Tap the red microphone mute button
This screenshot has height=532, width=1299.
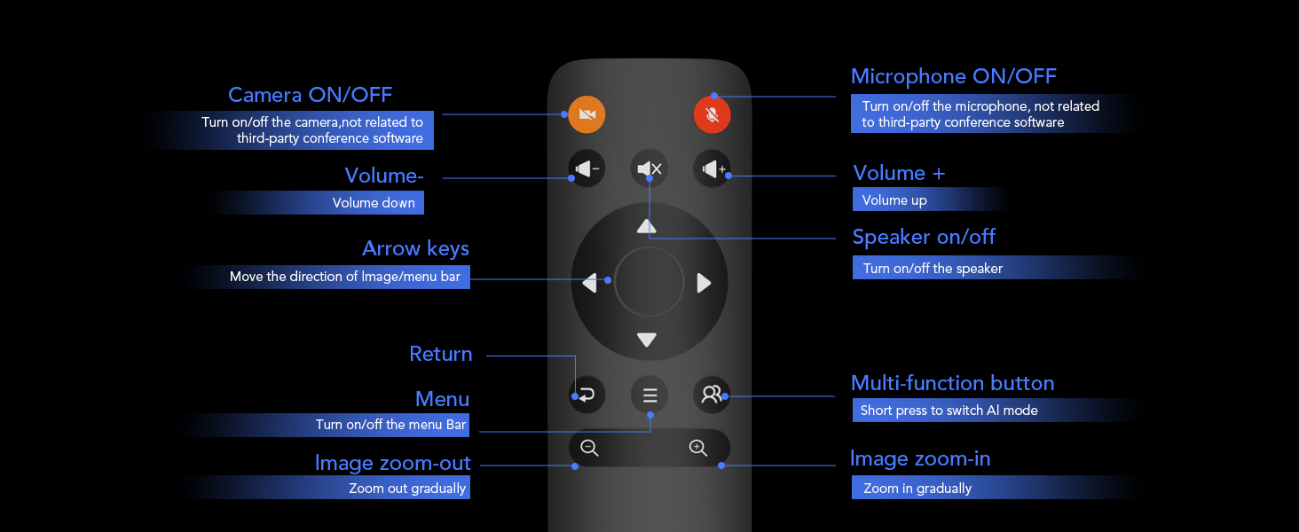(712, 114)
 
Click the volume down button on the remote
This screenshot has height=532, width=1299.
(587, 168)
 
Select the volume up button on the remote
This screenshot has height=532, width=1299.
(712, 168)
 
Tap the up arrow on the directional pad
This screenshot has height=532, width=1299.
(647, 227)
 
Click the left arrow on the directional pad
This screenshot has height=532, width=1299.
(590, 283)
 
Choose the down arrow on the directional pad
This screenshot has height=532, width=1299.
(647, 340)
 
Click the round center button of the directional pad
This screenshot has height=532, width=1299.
(649, 282)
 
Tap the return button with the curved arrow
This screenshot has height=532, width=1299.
(587, 395)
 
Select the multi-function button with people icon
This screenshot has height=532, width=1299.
(712, 395)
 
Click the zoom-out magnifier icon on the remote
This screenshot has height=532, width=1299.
(589, 448)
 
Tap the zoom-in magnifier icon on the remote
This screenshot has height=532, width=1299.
(698, 448)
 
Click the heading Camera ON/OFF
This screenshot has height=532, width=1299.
(310, 95)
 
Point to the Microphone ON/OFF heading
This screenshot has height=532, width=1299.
(953, 76)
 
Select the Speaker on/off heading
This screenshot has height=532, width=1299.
(924, 237)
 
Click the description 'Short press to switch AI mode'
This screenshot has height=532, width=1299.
(949, 411)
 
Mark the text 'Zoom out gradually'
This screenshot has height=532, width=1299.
(407, 489)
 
